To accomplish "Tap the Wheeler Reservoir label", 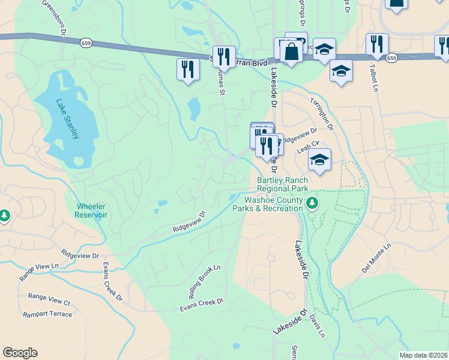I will [91, 211].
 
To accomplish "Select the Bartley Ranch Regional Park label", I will [282, 184].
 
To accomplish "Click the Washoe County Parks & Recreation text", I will [273, 204].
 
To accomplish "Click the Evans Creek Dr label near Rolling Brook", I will [202, 305].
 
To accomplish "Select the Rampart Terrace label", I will [47, 314].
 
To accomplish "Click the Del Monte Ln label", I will [376, 258].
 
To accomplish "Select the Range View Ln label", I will [39, 269].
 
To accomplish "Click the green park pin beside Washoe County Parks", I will [312, 203].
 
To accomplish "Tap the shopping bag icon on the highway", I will [291, 52].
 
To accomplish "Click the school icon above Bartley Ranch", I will [320, 160].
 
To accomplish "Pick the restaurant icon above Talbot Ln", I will [377, 44].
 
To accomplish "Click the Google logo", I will [20, 353].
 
